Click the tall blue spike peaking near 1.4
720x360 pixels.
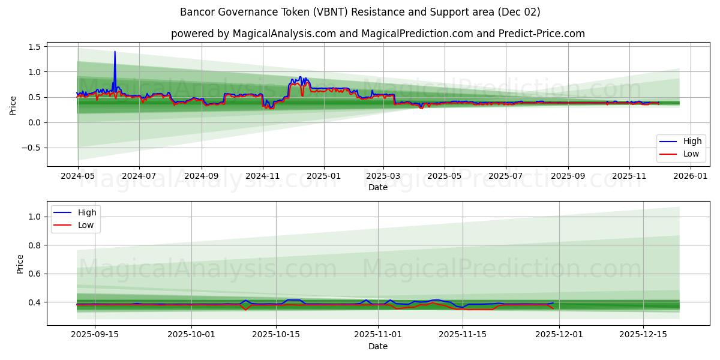pyautogui.click(x=115, y=53)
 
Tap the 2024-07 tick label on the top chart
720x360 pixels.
pyautogui.click(x=139, y=176)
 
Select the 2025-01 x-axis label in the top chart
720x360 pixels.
pyautogui.click(x=324, y=176)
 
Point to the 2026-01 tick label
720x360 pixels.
pyautogui.click(x=691, y=176)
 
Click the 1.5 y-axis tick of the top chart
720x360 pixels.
pyautogui.click(x=34, y=47)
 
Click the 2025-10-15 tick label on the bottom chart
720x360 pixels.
pyautogui.click(x=276, y=335)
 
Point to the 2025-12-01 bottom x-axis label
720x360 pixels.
pyautogui.click(x=559, y=335)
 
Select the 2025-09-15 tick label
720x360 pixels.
pyautogui.click(x=95, y=335)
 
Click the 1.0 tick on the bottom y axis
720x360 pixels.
pyautogui.click(x=34, y=217)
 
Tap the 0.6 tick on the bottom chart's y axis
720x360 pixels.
pyautogui.click(x=34, y=274)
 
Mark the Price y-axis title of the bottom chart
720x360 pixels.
pyautogui.click(x=20, y=264)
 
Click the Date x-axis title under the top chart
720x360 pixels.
pyautogui.click(x=378, y=187)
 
